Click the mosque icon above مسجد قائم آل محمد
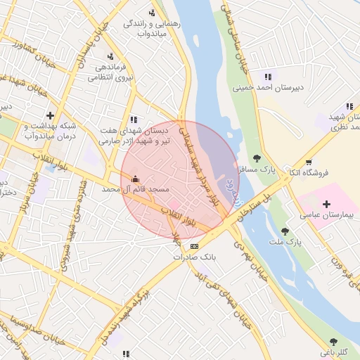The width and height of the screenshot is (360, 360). point(136,179)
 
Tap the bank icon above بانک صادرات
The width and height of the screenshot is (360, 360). point(195,246)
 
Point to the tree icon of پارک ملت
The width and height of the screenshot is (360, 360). point(284,231)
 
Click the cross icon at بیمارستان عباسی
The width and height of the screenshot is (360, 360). point(326,204)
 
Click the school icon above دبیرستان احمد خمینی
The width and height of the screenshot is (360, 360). point(267,77)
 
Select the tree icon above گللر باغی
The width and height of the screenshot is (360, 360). point(333,342)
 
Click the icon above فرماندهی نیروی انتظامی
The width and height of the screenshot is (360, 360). point(110,57)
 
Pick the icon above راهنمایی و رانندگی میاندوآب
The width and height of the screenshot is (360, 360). point(152,13)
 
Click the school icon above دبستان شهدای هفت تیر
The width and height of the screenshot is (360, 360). point(134,120)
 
